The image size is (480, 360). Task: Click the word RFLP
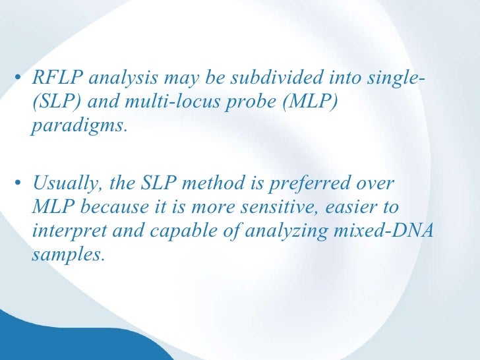point(57,79)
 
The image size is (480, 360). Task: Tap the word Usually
point(63,184)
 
